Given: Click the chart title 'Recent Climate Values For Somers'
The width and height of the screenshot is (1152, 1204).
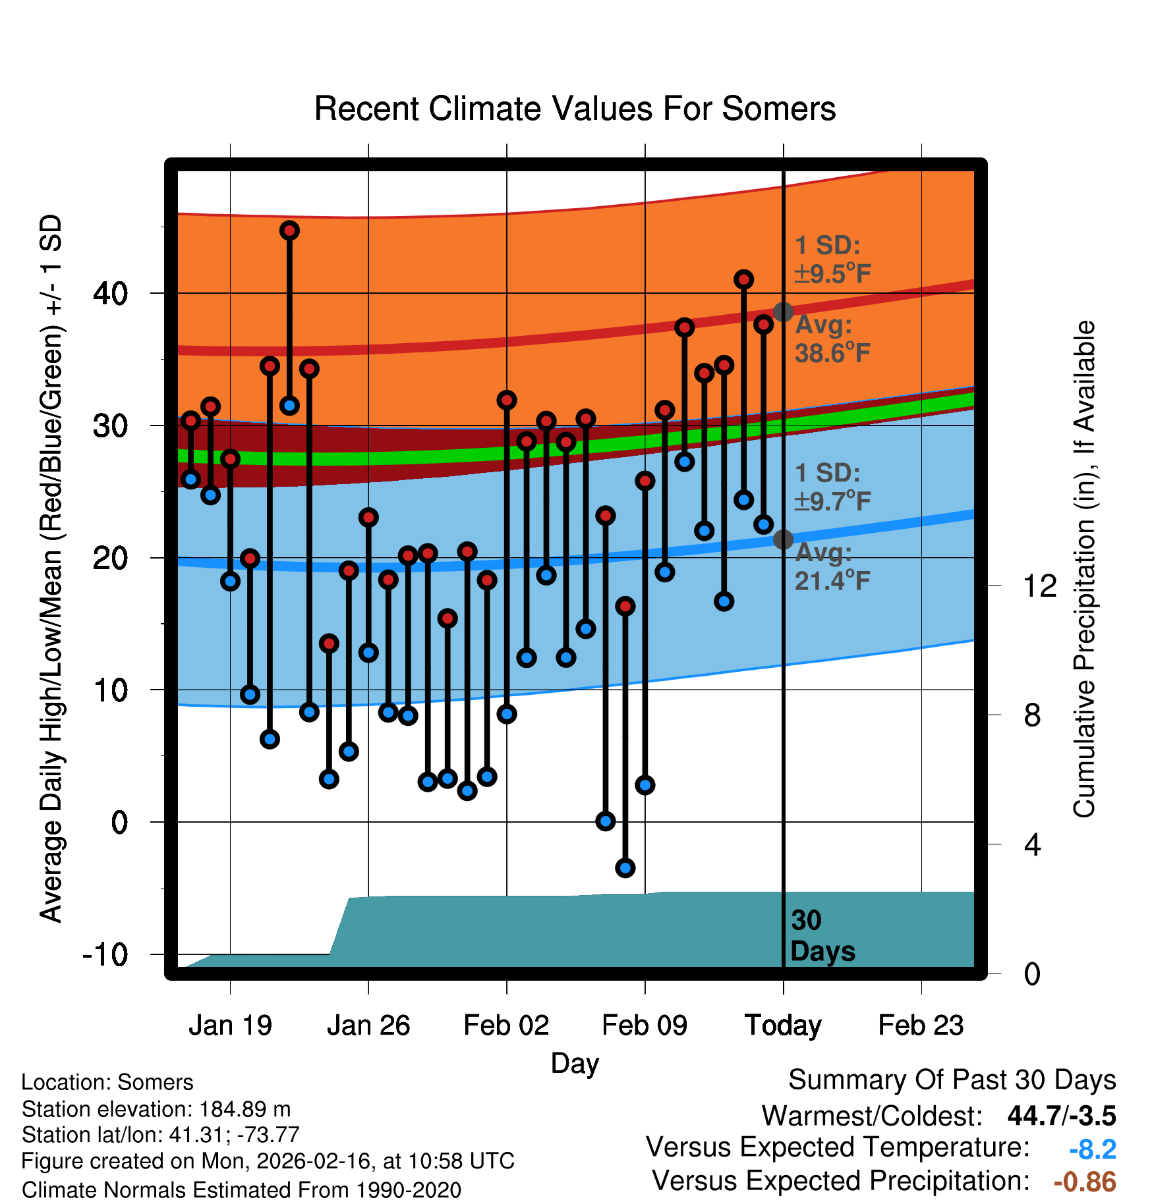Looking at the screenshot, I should click(x=575, y=109).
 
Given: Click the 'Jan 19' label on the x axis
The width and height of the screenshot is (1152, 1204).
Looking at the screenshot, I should click(x=230, y=1026).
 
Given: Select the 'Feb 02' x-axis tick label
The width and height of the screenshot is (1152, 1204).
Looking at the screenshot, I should click(x=506, y=1026).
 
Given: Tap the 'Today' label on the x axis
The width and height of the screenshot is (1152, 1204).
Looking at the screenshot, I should click(x=783, y=1026).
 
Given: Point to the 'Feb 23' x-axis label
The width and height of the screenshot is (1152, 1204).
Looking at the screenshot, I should click(x=921, y=1026).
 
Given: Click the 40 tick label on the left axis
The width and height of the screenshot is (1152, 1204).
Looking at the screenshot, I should click(x=110, y=293).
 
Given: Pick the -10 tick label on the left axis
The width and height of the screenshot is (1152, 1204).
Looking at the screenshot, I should click(x=105, y=954).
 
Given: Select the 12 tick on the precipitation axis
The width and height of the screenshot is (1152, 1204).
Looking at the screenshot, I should click(x=1039, y=586).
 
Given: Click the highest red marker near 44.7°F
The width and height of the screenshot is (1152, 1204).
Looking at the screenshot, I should click(x=289, y=231).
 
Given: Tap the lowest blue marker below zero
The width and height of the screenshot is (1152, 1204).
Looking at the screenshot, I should click(x=625, y=868).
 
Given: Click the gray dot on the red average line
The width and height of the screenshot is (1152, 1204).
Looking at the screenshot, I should click(x=783, y=312).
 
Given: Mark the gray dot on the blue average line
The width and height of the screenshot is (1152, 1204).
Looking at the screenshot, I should click(x=783, y=539).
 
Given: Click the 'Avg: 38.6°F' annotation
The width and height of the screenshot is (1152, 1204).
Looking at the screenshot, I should click(x=832, y=340).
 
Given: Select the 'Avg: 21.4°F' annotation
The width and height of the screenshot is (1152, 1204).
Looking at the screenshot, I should click(x=832, y=567).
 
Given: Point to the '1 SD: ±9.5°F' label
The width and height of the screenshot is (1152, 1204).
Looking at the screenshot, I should click(x=832, y=260).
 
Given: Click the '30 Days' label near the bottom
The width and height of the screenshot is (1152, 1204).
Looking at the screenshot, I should click(x=822, y=936).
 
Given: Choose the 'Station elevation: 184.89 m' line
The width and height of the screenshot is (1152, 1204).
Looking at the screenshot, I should click(x=156, y=1109).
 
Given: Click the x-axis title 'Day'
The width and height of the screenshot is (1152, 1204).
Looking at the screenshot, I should click(x=575, y=1063).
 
